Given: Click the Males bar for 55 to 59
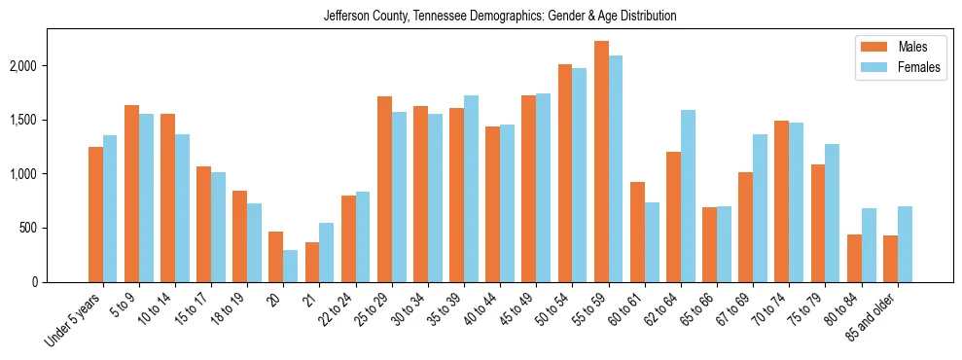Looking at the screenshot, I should (x=601, y=162).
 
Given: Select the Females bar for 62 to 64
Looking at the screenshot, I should (x=688, y=196).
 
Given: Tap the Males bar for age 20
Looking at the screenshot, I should (x=276, y=257).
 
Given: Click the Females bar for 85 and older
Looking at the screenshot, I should (x=905, y=244).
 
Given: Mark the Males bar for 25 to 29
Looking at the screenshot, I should (x=384, y=189).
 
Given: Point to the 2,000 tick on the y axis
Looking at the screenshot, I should (x=52, y=66).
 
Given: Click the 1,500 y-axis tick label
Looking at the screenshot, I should (x=52, y=120).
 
